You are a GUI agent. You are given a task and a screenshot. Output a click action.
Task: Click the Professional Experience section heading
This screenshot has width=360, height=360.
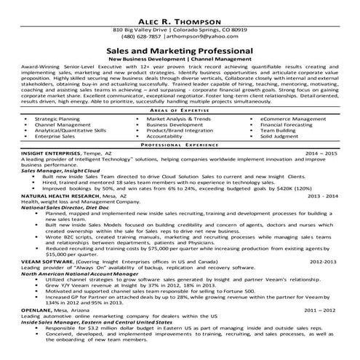(x=180, y=145)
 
